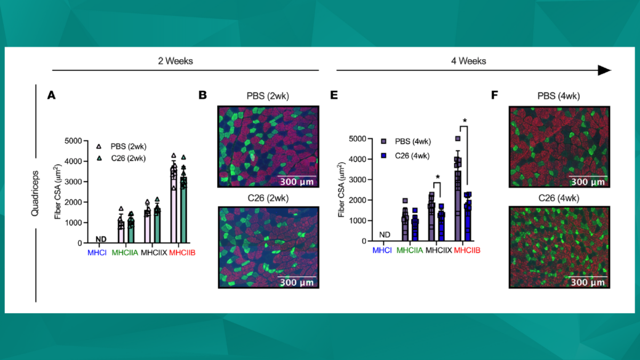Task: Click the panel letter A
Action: coord(51,95)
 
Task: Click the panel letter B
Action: coord(203,95)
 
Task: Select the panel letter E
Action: coord(334,95)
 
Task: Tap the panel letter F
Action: coord(494,95)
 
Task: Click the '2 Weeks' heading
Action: coord(175,61)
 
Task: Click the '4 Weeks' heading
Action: coord(468,61)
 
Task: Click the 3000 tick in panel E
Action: coord(361,180)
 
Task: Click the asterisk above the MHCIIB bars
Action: coord(465,122)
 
